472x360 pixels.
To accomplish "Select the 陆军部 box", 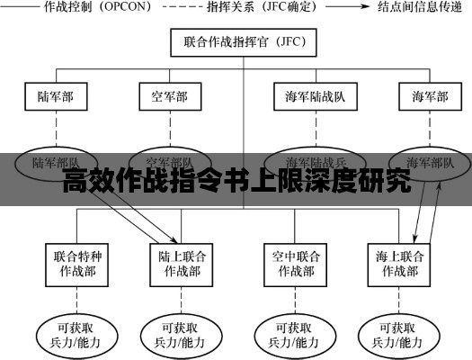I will [56, 96].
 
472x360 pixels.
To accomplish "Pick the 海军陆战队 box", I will [308, 96].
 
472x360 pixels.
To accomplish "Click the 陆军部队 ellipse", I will [56, 163].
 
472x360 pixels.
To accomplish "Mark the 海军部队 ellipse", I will [437, 163].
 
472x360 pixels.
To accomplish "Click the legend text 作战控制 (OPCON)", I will [107, 9].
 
